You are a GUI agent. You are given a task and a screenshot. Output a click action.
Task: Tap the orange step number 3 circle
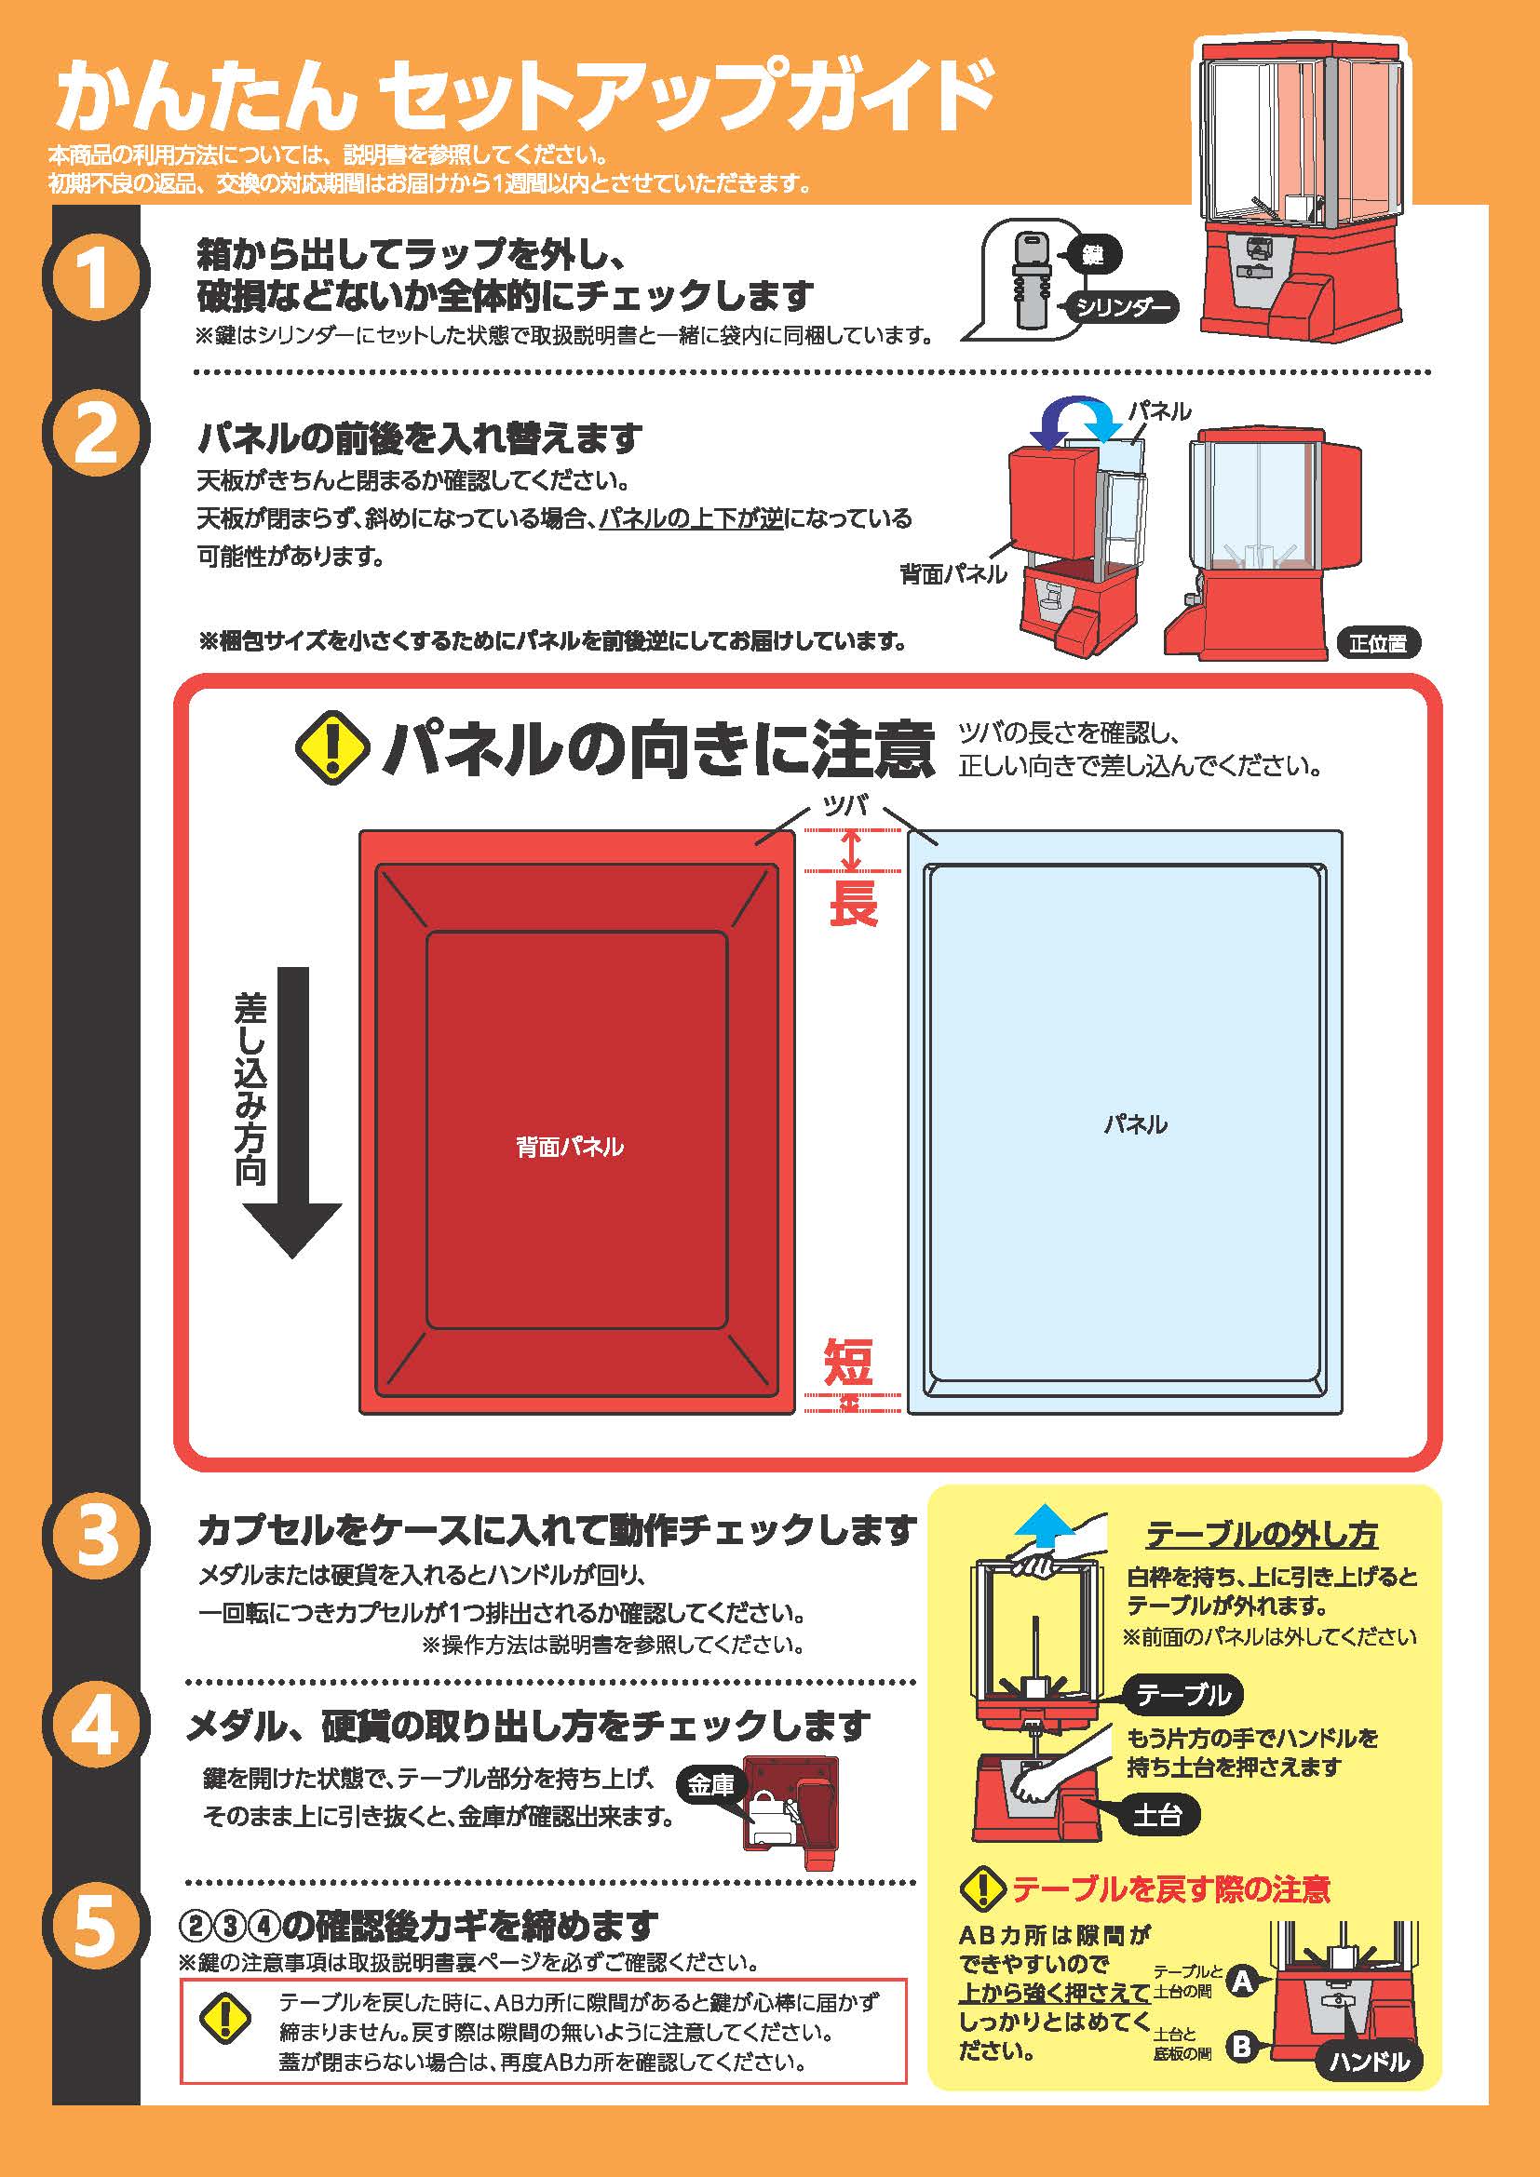click(x=95, y=1534)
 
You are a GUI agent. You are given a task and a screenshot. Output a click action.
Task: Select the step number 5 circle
click(x=95, y=1927)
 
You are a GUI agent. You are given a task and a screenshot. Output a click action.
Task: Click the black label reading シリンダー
click(x=1123, y=306)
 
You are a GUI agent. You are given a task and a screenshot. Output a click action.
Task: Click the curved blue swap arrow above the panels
click(x=1075, y=420)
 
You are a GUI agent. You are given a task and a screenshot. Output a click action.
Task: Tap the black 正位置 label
click(x=1378, y=643)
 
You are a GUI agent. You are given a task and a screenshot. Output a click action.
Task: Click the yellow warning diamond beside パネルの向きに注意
click(x=331, y=748)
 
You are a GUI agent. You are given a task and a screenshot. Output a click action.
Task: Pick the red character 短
click(x=848, y=1364)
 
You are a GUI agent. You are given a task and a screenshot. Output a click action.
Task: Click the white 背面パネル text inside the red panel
click(x=569, y=1147)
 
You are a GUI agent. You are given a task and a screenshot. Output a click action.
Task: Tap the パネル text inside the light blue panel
click(x=1134, y=1124)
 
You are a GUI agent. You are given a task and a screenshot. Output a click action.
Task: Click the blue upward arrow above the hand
click(x=1044, y=1525)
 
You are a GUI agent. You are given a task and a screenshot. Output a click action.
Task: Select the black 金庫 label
click(x=710, y=1785)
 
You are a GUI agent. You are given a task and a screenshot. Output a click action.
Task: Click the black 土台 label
click(x=1157, y=1815)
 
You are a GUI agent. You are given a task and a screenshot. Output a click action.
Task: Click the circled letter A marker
click(x=1243, y=1981)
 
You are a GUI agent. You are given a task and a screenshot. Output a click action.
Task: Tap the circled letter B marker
click(x=1241, y=2046)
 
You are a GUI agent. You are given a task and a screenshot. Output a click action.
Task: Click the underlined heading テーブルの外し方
click(x=1262, y=1533)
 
